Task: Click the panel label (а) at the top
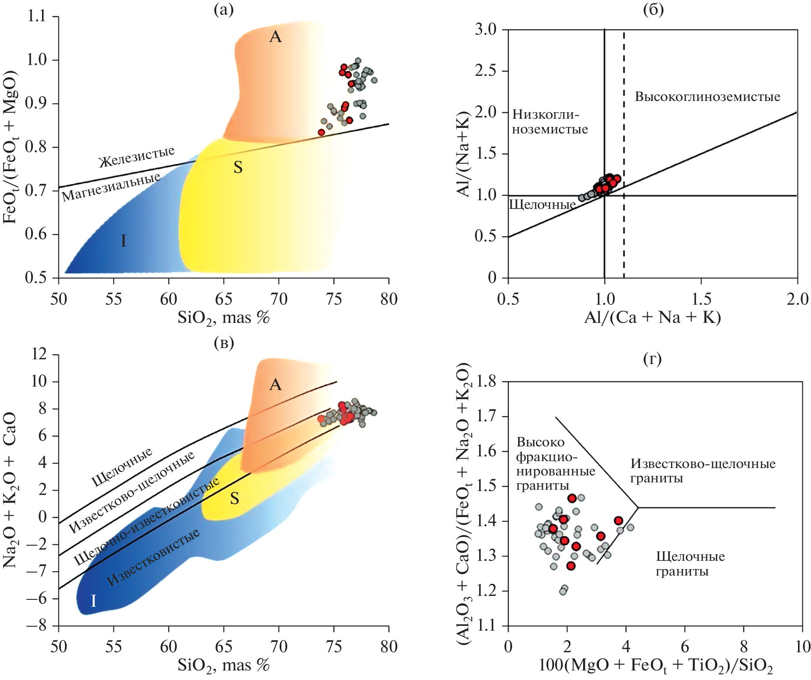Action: coord(224,10)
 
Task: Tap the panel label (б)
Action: coord(653,10)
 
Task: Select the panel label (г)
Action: coord(652,359)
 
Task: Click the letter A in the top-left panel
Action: coord(276,37)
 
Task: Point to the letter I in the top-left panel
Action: coord(123,241)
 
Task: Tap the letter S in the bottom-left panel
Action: coord(234,498)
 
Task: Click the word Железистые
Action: coord(136,156)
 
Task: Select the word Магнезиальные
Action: coord(111,187)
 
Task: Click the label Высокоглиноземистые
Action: coord(707,97)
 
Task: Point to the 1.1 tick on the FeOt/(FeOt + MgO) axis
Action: coord(36,16)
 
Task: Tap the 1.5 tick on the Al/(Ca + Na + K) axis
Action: coord(701,299)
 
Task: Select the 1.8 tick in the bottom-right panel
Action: coord(487,382)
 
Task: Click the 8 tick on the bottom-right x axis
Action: coord(744,647)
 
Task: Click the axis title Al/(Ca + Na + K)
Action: coord(652,318)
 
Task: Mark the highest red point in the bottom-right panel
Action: coord(572,498)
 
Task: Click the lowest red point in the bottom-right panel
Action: coord(571,566)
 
